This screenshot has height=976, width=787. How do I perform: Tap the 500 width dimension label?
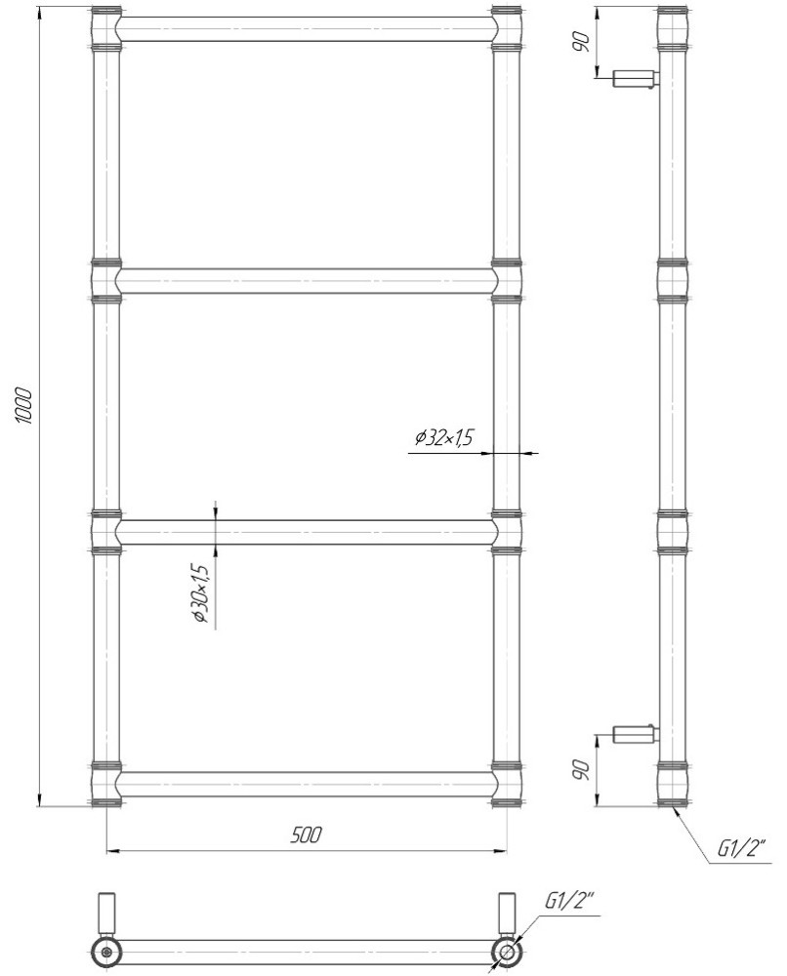coord(307,834)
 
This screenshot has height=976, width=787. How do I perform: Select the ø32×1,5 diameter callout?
coord(444,438)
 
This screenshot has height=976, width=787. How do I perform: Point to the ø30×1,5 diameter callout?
coord(199,593)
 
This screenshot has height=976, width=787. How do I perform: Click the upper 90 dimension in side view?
coord(582,42)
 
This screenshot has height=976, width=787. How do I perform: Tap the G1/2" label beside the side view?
coord(741,848)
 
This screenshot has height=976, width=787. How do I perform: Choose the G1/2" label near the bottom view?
coord(569,901)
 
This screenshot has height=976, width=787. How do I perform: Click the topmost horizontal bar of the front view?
coord(307,30)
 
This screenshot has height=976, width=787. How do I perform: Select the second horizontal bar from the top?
coord(307,281)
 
